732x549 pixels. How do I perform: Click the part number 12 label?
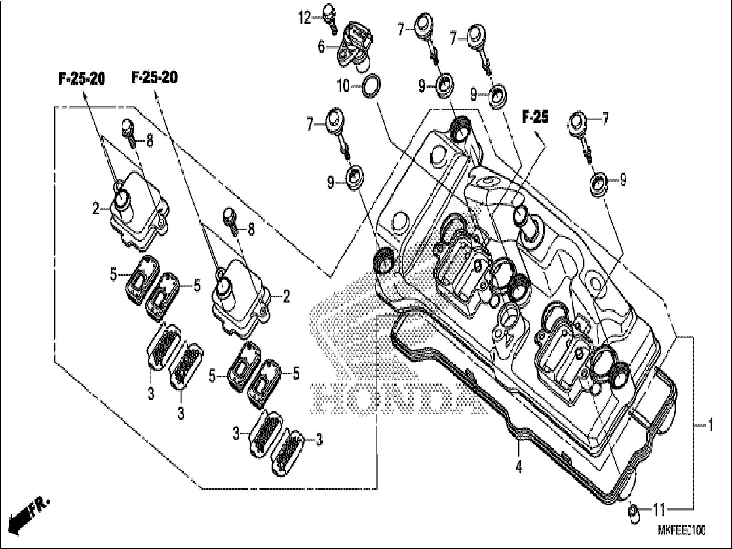pyautogui.click(x=304, y=18)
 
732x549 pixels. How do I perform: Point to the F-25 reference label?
pyautogui.click(x=535, y=117)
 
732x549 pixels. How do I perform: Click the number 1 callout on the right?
pyautogui.click(x=710, y=426)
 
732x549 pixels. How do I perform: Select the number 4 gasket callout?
pyautogui.click(x=519, y=468)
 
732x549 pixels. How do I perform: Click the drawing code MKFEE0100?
pyautogui.click(x=681, y=531)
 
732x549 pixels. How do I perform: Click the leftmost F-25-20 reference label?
pyautogui.click(x=81, y=79)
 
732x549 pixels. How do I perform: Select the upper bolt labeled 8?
pyautogui.click(x=128, y=130)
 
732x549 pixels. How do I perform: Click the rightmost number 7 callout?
pyautogui.click(x=605, y=119)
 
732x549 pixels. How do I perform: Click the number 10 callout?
pyautogui.click(x=343, y=86)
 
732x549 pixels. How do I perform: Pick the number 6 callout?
pyautogui.click(x=322, y=47)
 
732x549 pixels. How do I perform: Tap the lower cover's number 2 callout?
pyautogui.click(x=286, y=296)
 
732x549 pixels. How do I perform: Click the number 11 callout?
pyautogui.click(x=659, y=510)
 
